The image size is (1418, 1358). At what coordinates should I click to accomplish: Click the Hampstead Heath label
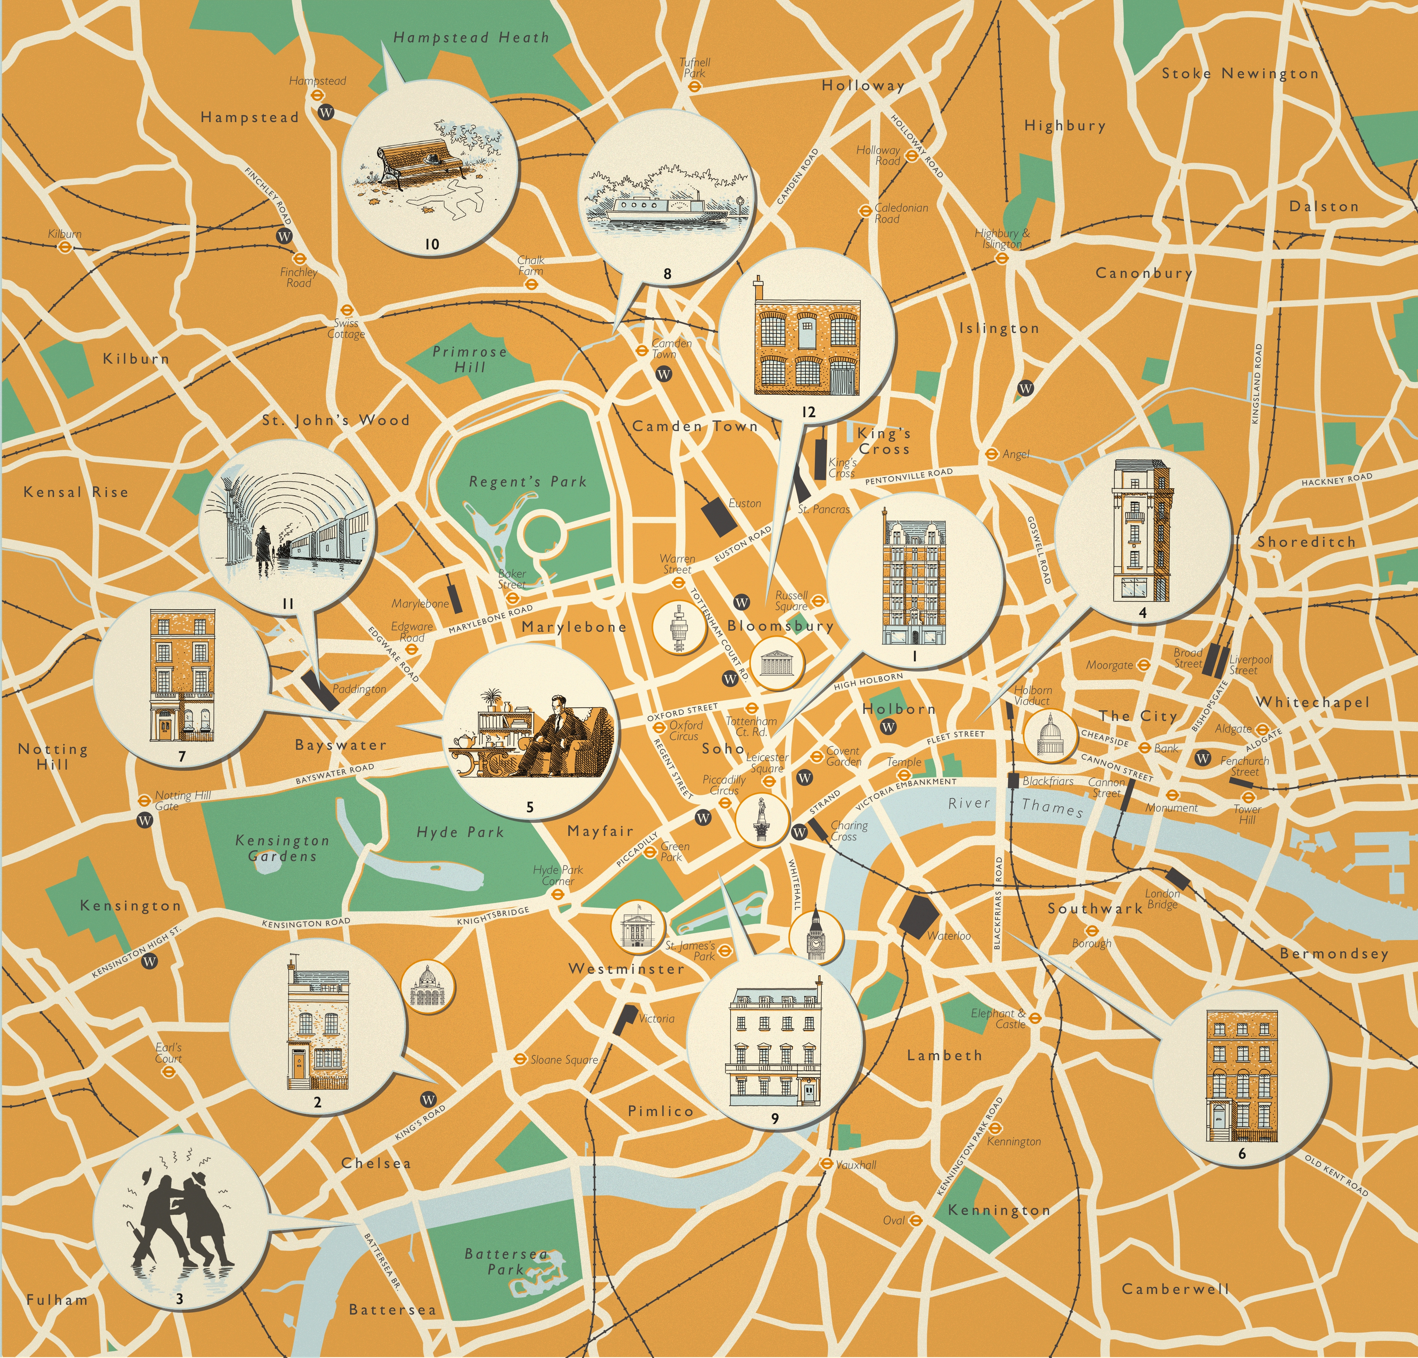pos(471,37)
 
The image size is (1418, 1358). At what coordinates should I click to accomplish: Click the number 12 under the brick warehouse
pos(808,412)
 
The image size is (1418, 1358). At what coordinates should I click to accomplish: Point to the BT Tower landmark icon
pos(678,628)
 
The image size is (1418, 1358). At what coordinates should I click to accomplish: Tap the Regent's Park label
pos(527,482)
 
